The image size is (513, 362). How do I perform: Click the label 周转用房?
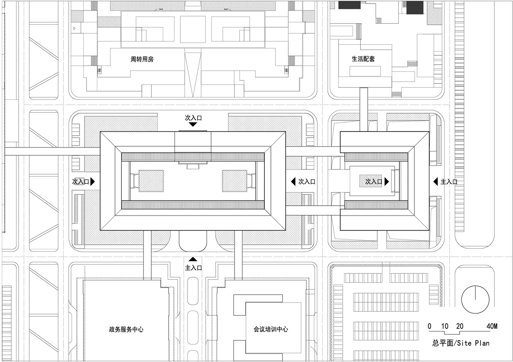pyautogui.click(x=142, y=59)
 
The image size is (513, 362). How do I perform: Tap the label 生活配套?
pyautogui.click(x=363, y=59)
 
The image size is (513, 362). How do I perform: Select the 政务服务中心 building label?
pyautogui.click(x=126, y=329)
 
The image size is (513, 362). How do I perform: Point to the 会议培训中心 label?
pyautogui.click(x=271, y=329)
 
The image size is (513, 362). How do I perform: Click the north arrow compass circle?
pyautogui.click(x=475, y=299)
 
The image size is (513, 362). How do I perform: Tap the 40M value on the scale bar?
pyautogui.click(x=492, y=326)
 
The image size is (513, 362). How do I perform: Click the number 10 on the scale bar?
pyautogui.click(x=445, y=326)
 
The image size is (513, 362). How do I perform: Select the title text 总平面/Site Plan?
pyautogui.click(x=461, y=343)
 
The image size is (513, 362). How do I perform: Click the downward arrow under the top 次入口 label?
pyautogui.click(x=193, y=125)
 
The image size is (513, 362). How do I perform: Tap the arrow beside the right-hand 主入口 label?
pyautogui.click(x=435, y=182)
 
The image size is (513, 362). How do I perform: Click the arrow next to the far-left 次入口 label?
pyautogui.click(x=93, y=182)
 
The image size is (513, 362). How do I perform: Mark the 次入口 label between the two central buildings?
pyautogui.click(x=307, y=182)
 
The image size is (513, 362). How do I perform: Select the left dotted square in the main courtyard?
pyautogui.click(x=151, y=181)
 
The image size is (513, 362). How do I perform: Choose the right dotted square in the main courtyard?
pyautogui.click(x=234, y=181)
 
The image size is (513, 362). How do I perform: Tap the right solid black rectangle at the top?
pyautogui.click(x=415, y=7)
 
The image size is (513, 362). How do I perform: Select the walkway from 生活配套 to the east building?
pyautogui.click(x=363, y=109)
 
